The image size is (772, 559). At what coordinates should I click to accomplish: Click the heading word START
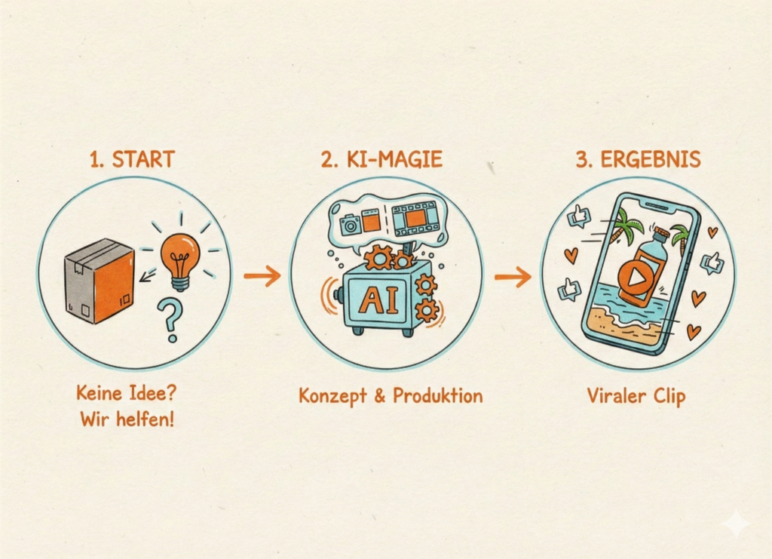143,159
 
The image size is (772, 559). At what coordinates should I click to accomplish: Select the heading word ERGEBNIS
651,159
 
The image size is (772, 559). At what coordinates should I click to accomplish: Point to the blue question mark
170,320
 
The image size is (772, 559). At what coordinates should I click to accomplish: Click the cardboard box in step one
100,281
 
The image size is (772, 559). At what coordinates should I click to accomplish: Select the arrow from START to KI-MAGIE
262,275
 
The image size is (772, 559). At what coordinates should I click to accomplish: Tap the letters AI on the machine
378,300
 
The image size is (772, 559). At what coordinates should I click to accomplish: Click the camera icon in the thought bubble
350,224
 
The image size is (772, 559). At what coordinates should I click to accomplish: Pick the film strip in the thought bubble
415,218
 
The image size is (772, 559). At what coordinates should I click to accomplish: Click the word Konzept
332,396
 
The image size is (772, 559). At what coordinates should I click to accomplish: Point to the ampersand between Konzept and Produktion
380,396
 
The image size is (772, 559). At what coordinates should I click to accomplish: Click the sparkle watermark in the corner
737,523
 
